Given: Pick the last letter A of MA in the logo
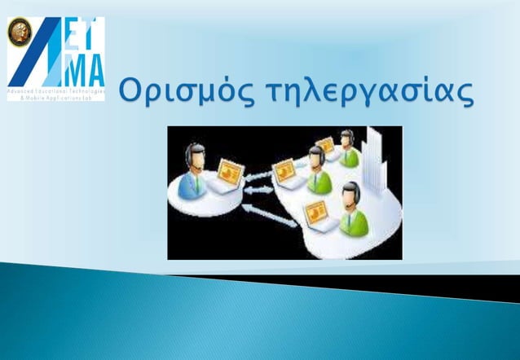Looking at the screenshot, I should click(x=94, y=70).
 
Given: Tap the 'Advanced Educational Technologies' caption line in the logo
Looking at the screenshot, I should click(x=55, y=94).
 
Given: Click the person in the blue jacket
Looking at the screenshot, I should click(x=192, y=177).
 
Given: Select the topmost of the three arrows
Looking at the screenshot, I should click(x=259, y=173).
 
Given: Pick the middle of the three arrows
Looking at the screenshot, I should click(x=259, y=190).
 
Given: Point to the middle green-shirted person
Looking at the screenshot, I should click(x=319, y=171).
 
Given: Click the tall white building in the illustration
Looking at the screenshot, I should click(x=373, y=159).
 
